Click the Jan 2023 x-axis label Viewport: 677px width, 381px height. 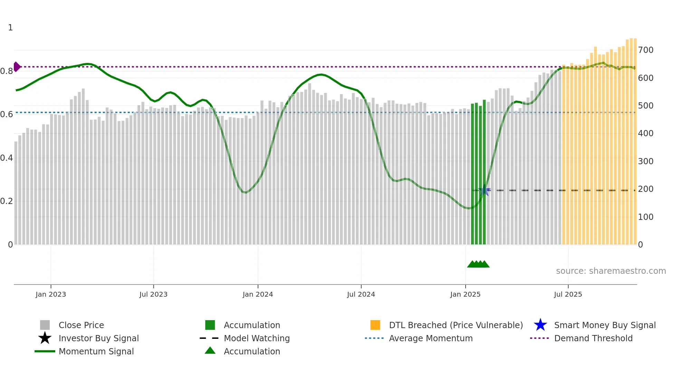pyautogui.click(x=50, y=295)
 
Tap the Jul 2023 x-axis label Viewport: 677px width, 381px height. pyautogui.click(x=153, y=295)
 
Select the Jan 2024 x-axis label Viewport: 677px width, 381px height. pyautogui.click(x=258, y=295)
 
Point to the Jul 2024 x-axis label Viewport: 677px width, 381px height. pyautogui.click(x=361, y=295)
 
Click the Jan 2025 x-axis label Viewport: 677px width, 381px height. pyautogui.click(x=465, y=295)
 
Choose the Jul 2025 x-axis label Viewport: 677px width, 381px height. pyautogui.click(x=568, y=295)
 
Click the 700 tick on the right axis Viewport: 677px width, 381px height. pyautogui.click(x=646, y=50)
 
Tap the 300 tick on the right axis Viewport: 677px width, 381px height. pyautogui.click(x=646, y=161)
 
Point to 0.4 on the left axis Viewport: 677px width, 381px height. pyautogui.click(x=7, y=158)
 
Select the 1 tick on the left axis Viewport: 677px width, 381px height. pyautogui.click(x=10, y=28)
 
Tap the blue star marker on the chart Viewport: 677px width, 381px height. pyautogui.click(x=485, y=191)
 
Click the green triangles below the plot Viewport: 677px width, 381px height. pyautogui.click(x=478, y=264)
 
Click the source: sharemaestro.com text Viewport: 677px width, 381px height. pyautogui.click(x=611, y=271)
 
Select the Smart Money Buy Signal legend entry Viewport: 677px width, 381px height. pyautogui.click(x=604, y=325)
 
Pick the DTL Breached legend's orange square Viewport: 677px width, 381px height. pyautogui.click(x=375, y=325)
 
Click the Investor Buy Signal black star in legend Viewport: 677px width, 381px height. pyautogui.click(x=45, y=338)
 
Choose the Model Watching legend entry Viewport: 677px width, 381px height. pyautogui.click(x=256, y=338)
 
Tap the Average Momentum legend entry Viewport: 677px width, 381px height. pyautogui.click(x=430, y=338)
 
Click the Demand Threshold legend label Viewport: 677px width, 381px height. pyautogui.click(x=593, y=338)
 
